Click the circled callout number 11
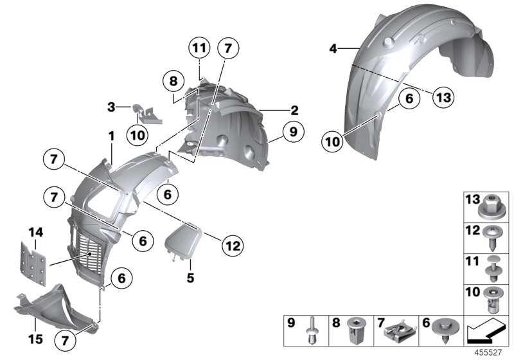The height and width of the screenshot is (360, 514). click(x=200, y=48)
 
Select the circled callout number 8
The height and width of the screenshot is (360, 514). click(x=172, y=82)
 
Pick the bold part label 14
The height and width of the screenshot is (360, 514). click(x=35, y=232)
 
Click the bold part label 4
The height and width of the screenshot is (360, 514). click(x=333, y=48)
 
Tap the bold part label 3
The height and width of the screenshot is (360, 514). click(x=111, y=107)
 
